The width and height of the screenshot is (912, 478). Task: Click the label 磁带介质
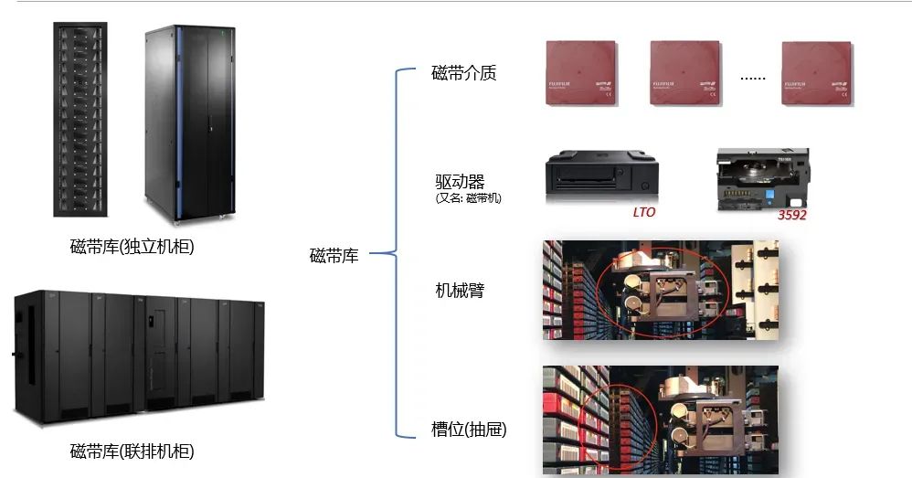pyautogui.click(x=463, y=74)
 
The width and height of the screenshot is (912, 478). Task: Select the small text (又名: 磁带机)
pyautogui.click(x=469, y=197)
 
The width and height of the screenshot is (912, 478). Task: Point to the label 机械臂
pyautogui.click(x=460, y=291)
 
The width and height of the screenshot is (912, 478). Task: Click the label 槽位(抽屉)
pyautogui.click(x=469, y=429)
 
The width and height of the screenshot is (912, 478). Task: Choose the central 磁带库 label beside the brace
pyautogui.click(x=334, y=256)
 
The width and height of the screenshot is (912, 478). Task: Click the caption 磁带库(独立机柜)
pyautogui.click(x=132, y=247)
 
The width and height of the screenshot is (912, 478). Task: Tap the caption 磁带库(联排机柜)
pyautogui.click(x=132, y=451)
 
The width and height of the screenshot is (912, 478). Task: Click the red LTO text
pyautogui.click(x=645, y=213)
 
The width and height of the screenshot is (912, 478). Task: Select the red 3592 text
pyautogui.click(x=791, y=216)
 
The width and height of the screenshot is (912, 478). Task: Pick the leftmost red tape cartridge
pyautogui.click(x=581, y=74)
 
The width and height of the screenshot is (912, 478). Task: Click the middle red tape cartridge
pyautogui.click(x=686, y=74)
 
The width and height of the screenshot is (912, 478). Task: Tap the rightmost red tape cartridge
pyautogui.click(x=817, y=74)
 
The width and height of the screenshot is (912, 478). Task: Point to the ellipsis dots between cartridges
pyautogui.click(x=752, y=77)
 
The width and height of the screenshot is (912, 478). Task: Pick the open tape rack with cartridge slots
pyautogui.click(x=79, y=119)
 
